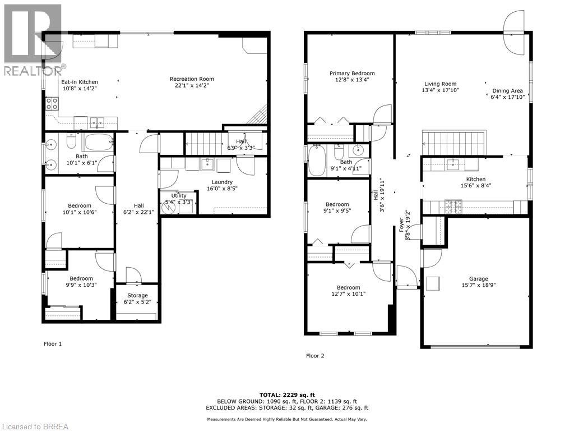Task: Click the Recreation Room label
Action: click(192, 79)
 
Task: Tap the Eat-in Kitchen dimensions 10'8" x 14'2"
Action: click(79, 89)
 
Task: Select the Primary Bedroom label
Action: click(352, 74)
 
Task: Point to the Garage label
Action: click(478, 279)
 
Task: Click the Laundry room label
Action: click(222, 182)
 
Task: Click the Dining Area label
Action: click(507, 91)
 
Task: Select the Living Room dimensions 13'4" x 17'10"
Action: click(440, 90)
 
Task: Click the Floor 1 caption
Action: click(53, 343)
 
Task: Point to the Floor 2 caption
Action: click(314, 356)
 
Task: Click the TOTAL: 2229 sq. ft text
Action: click(286, 395)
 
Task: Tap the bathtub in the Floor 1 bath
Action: click(98, 142)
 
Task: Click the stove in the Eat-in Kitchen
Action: click(52, 104)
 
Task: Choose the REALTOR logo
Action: click(32, 39)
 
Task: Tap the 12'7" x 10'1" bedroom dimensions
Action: click(348, 293)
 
